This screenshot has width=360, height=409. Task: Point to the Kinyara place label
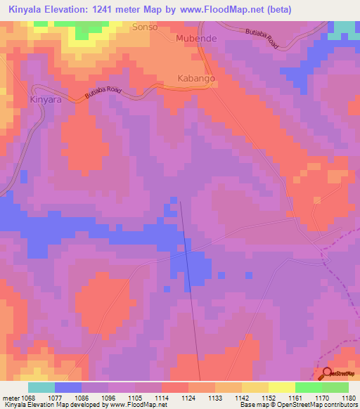[x=47, y=100]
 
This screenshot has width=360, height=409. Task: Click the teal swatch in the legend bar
[x=41, y=387]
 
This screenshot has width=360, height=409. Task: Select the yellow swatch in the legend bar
[x=282, y=387]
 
